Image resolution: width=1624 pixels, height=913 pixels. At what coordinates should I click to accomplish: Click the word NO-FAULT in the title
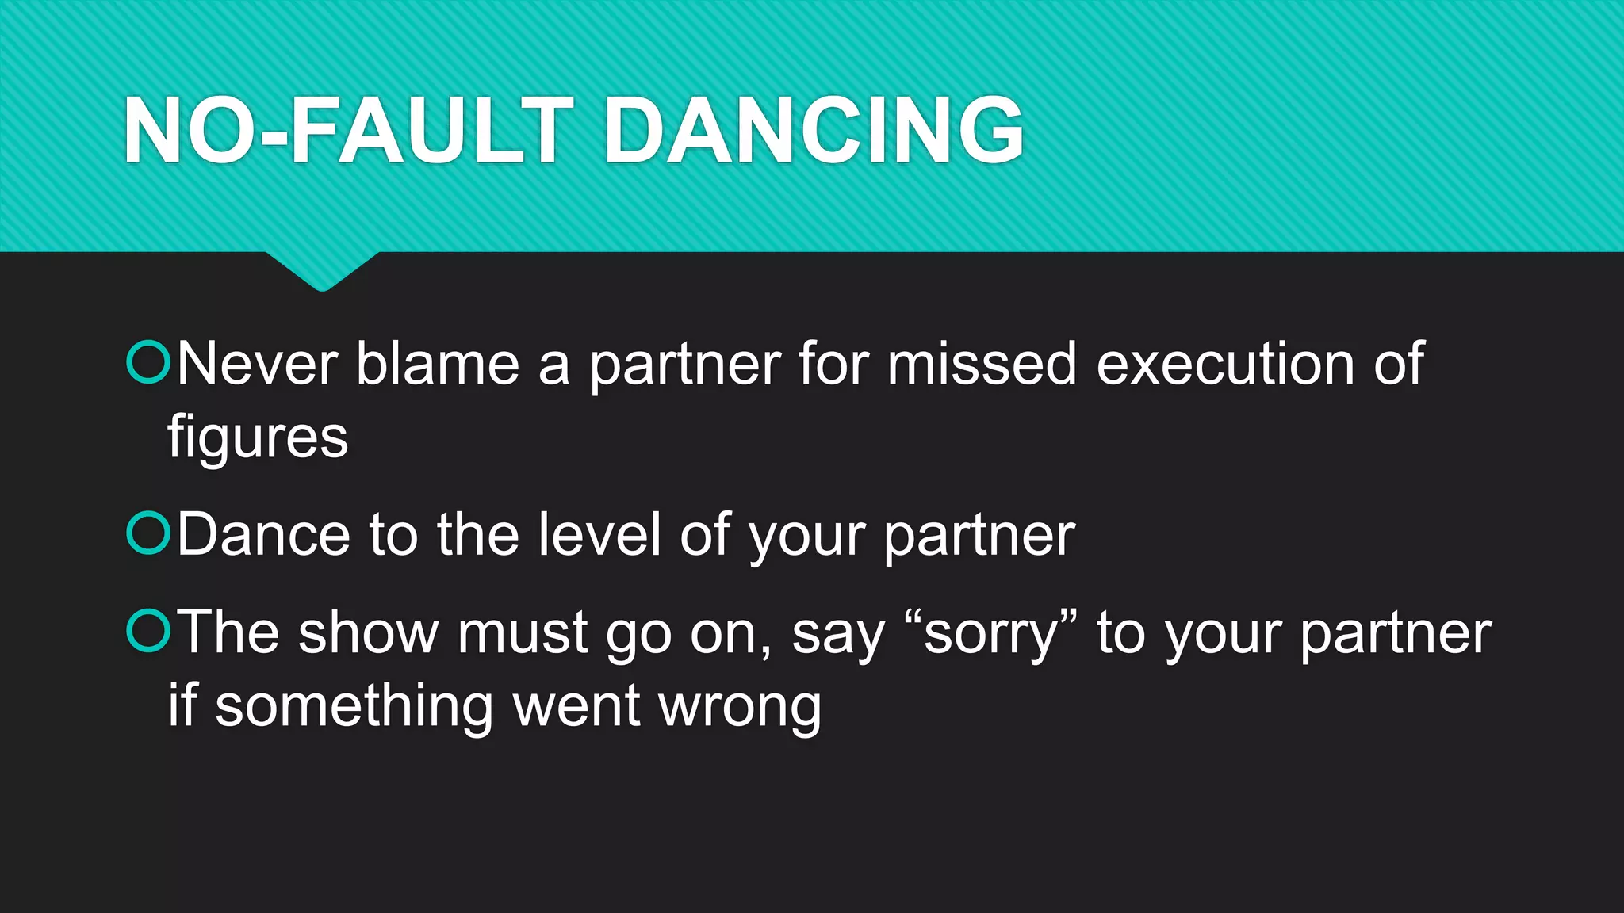click(x=347, y=131)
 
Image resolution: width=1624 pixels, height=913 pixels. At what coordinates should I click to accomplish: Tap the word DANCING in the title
click(x=814, y=131)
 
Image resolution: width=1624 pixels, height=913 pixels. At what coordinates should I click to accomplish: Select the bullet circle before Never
click(x=148, y=362)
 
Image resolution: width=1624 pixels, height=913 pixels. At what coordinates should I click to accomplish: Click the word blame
click(x=438, y=364)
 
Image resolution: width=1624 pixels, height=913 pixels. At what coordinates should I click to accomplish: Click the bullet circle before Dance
click(x=148, y=533)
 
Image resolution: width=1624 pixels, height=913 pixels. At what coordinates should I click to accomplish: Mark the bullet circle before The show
click(x=148, y=631)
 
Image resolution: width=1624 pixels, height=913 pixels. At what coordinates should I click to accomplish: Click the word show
click(x=368, y=633)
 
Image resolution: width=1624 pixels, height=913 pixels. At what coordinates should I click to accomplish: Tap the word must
click(x=522, y=633)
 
